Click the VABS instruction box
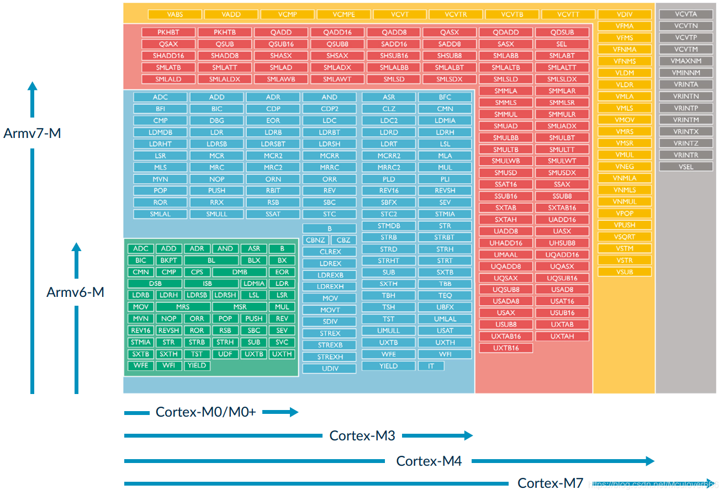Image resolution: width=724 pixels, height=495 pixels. tap(175, 14)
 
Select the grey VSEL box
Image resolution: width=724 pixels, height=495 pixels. tap(686, 167)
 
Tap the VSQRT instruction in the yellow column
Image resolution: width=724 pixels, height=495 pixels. tap(624, 237)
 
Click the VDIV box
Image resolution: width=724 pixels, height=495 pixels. tap(624, 14)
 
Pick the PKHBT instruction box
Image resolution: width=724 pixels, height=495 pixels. tap(168, 32)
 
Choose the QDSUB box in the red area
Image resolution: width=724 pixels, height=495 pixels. tap(562, 32)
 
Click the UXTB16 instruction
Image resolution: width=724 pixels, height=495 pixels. tap(505, 348)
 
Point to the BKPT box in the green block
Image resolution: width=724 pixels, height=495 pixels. tap(168, 260)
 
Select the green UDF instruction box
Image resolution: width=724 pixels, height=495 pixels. tap(225, 354)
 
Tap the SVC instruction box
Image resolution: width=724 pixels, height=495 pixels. tap(282, 342)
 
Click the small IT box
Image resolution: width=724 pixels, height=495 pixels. tap(431, 366)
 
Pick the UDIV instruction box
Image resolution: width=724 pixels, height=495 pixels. tap(330, 369)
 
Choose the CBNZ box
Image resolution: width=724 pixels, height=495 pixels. tap(315, 240)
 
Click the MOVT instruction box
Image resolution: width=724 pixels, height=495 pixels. tap(330, 310)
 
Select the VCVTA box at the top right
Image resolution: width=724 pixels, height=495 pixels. tap(686, 14)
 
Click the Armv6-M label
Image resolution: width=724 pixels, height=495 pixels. tap(75, 292)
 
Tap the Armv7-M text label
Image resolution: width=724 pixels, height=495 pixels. tap(32, 133)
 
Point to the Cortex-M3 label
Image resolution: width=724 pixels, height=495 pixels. tap(362, 435)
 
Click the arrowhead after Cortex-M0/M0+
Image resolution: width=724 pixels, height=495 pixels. tap(294, 412)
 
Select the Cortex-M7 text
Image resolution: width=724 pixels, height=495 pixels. tap(550, 483)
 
